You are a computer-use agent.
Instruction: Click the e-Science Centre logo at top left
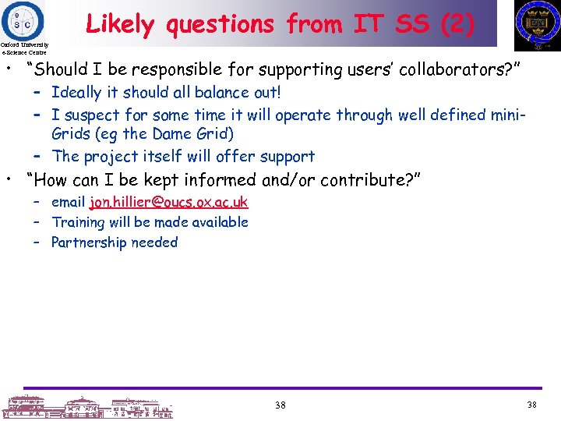(x=23, y=20)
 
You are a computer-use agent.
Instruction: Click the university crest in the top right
(x=537, y=24)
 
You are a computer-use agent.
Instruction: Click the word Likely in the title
(x=119, y=25)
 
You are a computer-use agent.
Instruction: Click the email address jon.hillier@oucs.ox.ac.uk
(x=168, y=202)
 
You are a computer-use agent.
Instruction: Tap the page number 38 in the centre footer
(x=280, y=405)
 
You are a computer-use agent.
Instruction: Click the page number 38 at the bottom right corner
(x=532, y=405)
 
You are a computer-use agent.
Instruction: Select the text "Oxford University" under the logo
(x=24, y=46)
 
